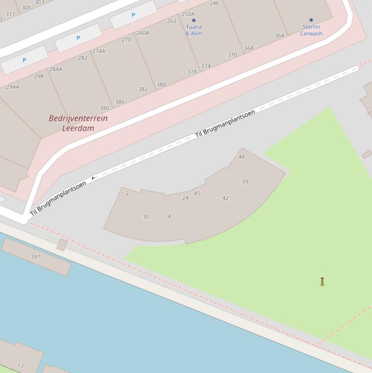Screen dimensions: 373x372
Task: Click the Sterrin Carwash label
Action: point(311,30)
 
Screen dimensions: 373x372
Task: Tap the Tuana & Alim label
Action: point(193,30)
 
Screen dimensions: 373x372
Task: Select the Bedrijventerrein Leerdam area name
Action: point(78,123)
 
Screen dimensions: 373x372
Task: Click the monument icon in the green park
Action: point(322,281)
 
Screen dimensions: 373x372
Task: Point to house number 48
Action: point(241,156)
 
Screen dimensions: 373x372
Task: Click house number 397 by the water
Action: point(36,257)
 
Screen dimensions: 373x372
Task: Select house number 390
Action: point(104,109)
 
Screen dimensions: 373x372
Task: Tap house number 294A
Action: point(13,87)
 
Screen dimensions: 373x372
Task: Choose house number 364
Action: point(279,35)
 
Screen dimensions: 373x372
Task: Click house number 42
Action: point(225,198)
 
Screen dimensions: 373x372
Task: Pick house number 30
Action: point(146,217)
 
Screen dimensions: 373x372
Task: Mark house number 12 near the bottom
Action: point(21,365)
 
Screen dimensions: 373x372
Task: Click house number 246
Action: point(214,3)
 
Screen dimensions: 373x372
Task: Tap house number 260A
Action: point(143,33)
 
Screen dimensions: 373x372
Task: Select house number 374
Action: point(206,66)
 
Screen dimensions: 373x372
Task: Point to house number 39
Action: point(245,182)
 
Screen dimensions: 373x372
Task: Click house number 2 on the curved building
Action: point(127,193)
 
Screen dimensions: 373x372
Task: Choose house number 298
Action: point(39,76)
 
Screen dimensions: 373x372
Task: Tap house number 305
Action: point(27,7)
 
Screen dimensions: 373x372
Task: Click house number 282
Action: point(83,58)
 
